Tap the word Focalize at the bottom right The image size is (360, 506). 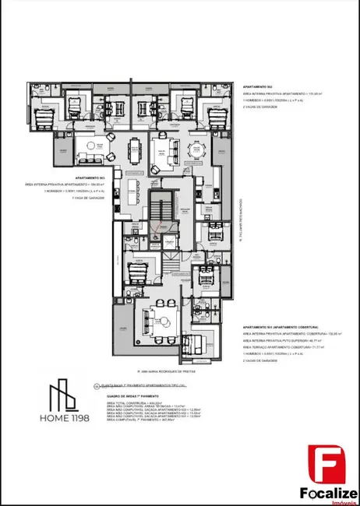tap(328, 492)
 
